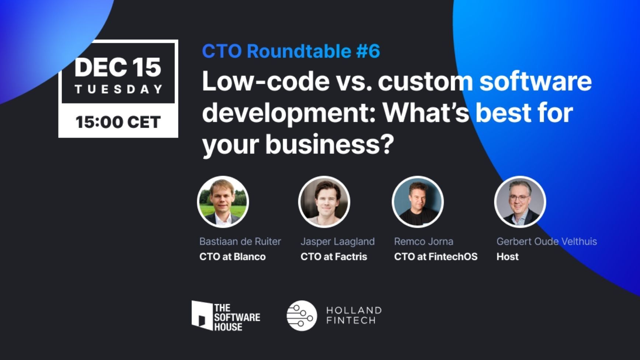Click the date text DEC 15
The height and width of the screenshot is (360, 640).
118,67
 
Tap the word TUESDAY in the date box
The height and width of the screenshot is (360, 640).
119,89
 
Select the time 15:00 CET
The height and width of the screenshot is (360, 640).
118,122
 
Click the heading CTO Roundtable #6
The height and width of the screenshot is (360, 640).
291,51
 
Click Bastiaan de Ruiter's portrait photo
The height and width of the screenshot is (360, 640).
223,202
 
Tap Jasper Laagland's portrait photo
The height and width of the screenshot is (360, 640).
324,202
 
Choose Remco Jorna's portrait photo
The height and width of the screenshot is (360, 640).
418,202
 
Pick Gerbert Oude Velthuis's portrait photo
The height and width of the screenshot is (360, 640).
520,202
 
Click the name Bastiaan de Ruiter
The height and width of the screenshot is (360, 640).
240,241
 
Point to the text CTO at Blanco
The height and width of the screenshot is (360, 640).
232,257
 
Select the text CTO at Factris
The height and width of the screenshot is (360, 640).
334,257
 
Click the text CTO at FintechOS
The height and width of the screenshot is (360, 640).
435,257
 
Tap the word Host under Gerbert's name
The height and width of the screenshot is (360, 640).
507,257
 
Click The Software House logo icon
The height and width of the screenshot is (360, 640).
202,315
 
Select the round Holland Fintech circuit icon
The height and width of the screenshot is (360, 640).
302,315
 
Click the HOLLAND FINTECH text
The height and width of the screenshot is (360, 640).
354,315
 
